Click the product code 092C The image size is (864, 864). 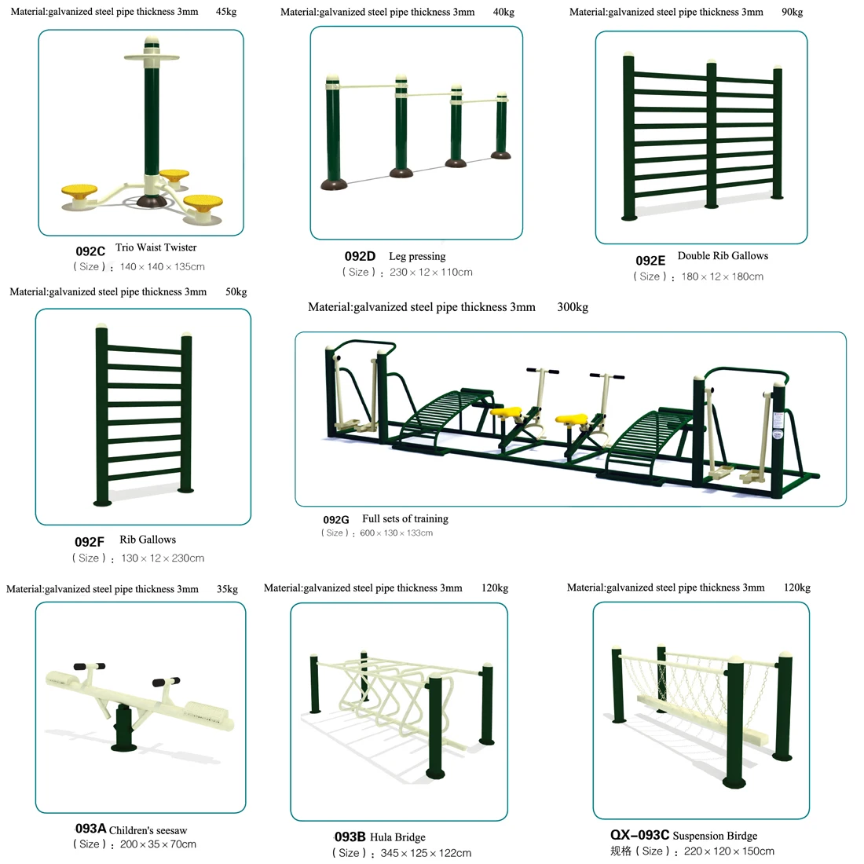pyautogui.click(x=90, y=251)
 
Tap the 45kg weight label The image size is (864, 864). pyautogui.click(x=226, y=12)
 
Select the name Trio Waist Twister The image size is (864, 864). pyautogui.click(x=156, y=247)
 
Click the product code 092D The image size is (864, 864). pyautogui.click(x=360, y=256)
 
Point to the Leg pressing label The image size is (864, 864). pyautogui.click(x=417, y=256)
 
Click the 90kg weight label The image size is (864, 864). pyautogui.click(x=793, y=12)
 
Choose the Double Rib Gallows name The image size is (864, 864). pyautogui.click(x=723, y=256)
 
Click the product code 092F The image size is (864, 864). pyautogui.click(x=90, y=542)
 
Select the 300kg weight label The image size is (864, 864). pyautogui.click(x=573, y=307)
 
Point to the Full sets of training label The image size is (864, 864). pyautogui.click(x=405, y=519)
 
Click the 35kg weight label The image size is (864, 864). pyautogui.click(x=227, y=589)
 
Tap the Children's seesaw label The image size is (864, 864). pyautogui.click(x=148, y=830)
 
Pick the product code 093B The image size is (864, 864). pyautogui.click(x=350, y=837)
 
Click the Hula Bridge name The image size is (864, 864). pyautogui.click(x=397, y=837)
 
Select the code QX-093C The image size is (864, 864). pyautogui.click(x=639, y=836)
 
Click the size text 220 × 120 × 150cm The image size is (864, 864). pyautogui.click(x=729, y=851)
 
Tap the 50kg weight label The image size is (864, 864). pyautogui.click(x=236, y=291)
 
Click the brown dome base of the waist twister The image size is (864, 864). pyautogui.click(x=152, y=201)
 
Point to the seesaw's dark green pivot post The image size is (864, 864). pyautogui.click(x=123, y=727)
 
